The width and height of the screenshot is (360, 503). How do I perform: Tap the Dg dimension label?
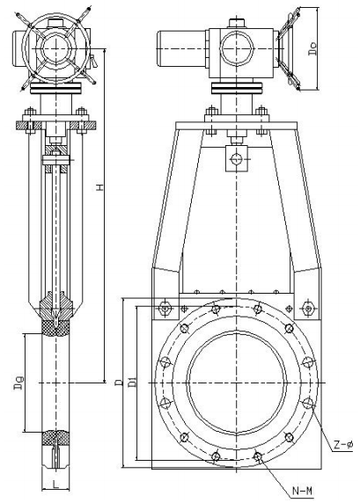[30, 383]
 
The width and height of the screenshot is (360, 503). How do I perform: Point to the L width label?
[55, 483]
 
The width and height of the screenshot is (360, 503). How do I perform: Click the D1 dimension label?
[131, 382]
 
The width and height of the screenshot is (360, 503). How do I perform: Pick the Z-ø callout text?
[343, 446]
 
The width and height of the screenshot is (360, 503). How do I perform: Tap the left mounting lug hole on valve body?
[165, 308]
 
